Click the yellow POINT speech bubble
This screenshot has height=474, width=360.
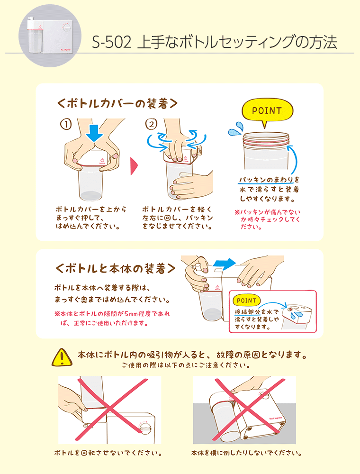pos(267,110)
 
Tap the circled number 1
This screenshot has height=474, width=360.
pos(66,124)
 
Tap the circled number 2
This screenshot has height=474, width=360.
pos(151,124)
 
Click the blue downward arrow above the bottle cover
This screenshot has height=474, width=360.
pos(95,133)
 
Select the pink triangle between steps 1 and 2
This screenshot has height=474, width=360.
pos(134,166)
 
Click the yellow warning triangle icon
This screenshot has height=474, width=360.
pos(62,357)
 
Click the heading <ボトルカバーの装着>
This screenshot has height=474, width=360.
pos(117,103)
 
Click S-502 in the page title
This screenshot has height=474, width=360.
pos(112,42)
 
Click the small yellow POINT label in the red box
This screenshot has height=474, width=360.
pos(246,301)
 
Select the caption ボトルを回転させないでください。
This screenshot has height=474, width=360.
pos(108,453)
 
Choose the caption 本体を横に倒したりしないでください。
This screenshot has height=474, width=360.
pos(246,453)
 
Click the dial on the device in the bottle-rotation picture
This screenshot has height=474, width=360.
pos(145,427)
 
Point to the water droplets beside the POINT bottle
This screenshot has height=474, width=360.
pos(235,129)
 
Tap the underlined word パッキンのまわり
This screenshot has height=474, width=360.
pos(266,180)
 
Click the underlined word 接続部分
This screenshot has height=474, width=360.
pos(248,312)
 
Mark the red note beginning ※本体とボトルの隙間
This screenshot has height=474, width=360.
pos(112,319)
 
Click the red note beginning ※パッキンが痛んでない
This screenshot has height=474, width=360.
pos(268,219)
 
